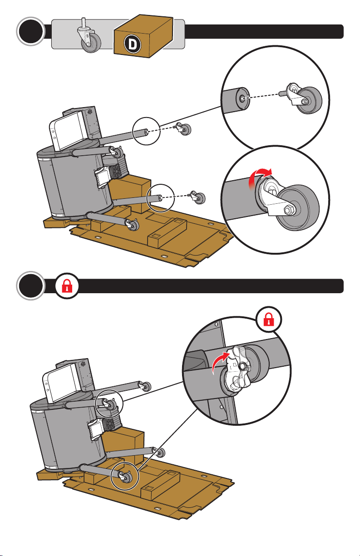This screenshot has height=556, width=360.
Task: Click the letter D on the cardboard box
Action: click(132, 44)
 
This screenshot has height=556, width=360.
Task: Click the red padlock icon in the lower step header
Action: click(67, 285)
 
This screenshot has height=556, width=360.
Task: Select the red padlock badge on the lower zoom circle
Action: click(269, 319)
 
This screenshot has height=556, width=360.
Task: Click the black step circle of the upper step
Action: click(31, 31)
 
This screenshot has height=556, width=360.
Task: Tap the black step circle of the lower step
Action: click(31, 285)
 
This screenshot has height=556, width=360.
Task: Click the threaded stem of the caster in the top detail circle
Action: click(282, 94)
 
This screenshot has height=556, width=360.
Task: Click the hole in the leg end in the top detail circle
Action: click(242, 98)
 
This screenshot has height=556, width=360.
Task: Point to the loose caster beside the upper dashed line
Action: click(183, 129)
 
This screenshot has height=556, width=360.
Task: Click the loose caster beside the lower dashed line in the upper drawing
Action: click(197, 198)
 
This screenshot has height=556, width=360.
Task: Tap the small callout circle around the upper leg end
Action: click(146, 131)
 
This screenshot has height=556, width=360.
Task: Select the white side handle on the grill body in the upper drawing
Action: click(102, 177)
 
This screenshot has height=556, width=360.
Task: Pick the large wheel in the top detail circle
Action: click(309, 100)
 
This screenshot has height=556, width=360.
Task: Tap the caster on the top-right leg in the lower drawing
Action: click(144, 385)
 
